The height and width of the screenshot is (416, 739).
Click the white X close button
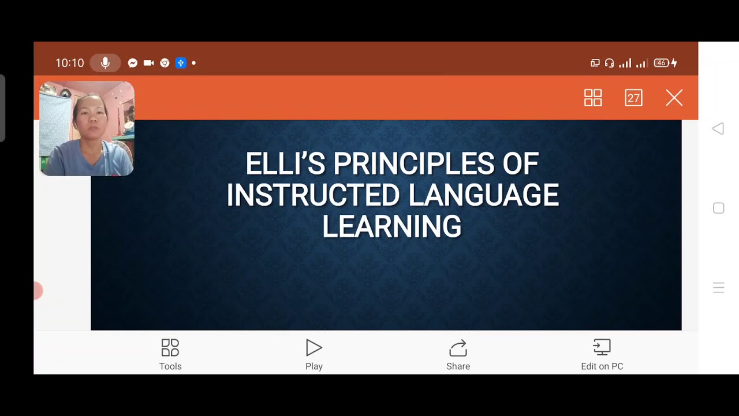674,98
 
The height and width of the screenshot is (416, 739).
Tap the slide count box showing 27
633,98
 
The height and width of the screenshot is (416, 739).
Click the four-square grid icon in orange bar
593,98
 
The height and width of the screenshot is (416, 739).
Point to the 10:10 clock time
70,63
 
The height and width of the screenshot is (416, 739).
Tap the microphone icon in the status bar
105,63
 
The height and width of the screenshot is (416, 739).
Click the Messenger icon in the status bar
133,63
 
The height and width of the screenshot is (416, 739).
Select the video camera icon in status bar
148,63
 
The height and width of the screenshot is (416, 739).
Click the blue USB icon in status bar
181,63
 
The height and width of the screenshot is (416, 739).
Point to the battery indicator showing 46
662,63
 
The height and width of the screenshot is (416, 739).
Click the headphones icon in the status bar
609,63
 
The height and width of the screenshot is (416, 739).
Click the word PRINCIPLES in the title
413,164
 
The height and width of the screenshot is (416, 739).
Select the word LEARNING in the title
392,226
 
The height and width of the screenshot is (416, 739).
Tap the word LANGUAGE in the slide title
483,195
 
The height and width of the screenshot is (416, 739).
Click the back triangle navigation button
718,129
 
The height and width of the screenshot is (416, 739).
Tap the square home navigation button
718,208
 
